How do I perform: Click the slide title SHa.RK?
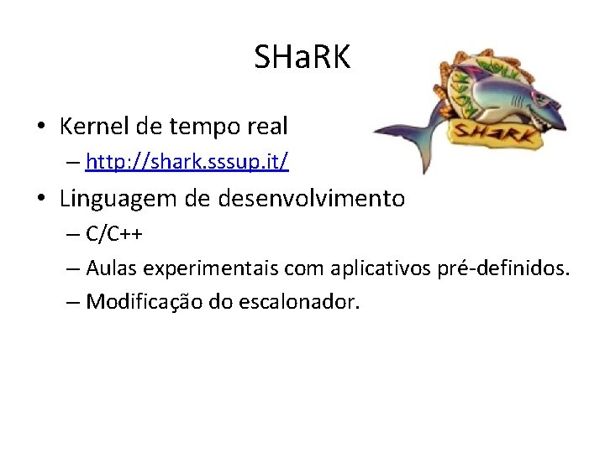click(x=302, y=57)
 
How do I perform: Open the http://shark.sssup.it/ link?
click(x=187, y=162)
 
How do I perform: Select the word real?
click(x=267, y=127)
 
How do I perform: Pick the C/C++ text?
click(x=113, y=234)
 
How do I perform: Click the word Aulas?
click(x=112, y=268)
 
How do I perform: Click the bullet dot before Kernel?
click(x=40, y=128)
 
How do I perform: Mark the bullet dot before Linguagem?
click(x=40, y=200)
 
